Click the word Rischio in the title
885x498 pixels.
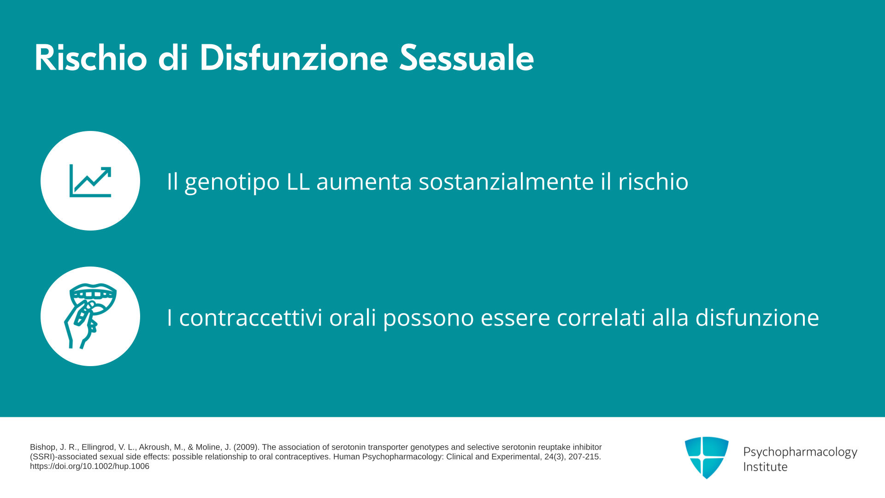[91, 58]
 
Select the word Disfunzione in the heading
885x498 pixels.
[294, 58]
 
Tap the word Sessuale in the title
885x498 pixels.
[466, 58]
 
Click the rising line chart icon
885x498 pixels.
[90, 181]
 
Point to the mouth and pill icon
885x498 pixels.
[90, 316]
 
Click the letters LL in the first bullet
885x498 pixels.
[298, 181]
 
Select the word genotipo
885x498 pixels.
[232, 183]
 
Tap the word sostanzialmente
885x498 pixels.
[506, 181]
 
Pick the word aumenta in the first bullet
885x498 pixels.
[364, 182]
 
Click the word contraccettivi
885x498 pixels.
[250, 318]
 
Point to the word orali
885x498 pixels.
[353, 318]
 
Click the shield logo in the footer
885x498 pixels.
[707, 457]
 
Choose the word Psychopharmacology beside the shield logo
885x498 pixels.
[800, 452]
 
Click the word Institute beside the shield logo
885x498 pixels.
[765, 467]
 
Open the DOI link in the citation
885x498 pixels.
[89, 466]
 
